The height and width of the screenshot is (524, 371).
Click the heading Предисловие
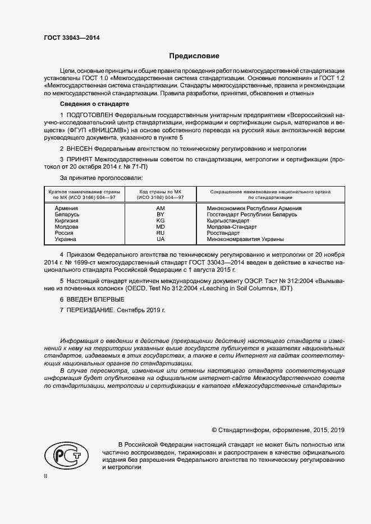(195, 56)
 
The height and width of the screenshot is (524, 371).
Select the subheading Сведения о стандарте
(95, 104)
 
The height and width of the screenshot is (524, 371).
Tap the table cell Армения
(67, 208)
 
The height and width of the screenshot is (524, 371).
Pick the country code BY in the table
(161, 215)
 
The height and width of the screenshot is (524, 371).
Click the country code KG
(161, 221)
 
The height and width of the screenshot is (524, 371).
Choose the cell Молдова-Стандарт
(232, 227)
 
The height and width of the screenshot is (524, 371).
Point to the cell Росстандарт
(223, 233)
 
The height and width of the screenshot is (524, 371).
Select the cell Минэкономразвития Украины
(245, 239)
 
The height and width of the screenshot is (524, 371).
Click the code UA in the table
(161, 239)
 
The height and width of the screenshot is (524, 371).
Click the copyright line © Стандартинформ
(278, 430)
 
